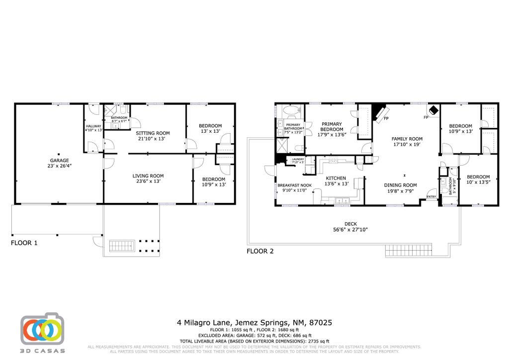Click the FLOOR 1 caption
tap(24, 243)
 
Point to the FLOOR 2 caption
tap(260, 251)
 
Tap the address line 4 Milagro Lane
tap(254, 323)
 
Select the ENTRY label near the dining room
tap(431, 196)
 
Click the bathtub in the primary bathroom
tap(288, 110)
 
